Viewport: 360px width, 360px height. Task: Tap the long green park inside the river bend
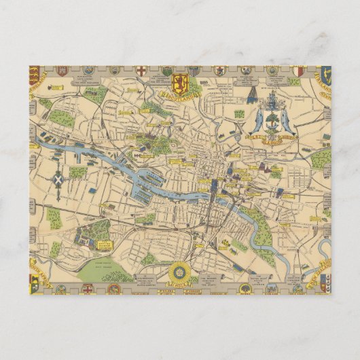[262, 228]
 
